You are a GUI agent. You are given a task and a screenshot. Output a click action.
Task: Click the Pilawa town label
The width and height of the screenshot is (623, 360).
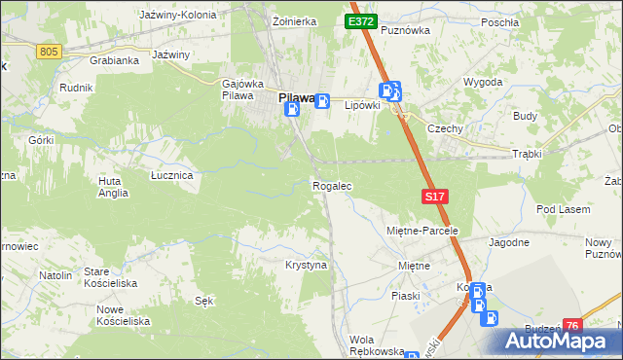[297, 97]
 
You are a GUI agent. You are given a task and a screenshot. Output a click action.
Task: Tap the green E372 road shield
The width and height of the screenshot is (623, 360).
[360, 20]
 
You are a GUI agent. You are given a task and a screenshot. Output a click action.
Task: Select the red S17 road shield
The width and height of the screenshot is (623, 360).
[435, 197]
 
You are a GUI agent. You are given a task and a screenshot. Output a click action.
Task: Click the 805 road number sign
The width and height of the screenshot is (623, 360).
[50, 51]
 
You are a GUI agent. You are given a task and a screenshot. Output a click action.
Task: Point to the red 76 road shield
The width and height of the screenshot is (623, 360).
[572, 326]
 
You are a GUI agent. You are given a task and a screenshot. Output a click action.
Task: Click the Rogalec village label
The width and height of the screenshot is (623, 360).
[331, 185]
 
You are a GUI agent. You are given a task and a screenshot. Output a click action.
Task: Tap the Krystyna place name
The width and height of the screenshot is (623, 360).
[306, 265]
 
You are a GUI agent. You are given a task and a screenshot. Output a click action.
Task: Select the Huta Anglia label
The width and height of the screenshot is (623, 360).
[113, 187]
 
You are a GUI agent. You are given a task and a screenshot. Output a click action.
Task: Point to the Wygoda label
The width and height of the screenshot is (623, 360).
[482, 82]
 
